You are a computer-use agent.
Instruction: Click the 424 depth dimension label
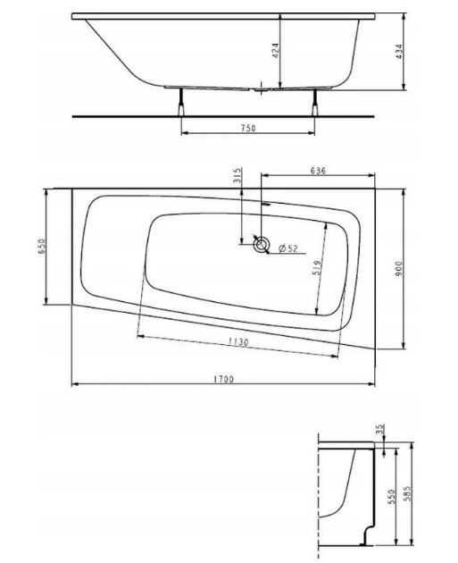tap(276, 51)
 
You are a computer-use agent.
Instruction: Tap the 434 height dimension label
tap(399, 52)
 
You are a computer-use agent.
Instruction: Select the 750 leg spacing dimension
tap(248, 128)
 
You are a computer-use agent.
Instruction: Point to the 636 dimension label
tap(318, 170)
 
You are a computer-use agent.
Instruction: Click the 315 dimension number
tap(237, 175)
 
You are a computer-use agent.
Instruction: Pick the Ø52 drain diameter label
tap(287, 248)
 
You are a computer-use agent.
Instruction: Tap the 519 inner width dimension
tap(317, 267)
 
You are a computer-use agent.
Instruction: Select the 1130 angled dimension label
tap(238, 341)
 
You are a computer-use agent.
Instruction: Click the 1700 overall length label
tap(223, 379)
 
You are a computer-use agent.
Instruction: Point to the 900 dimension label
tap(398, 269)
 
